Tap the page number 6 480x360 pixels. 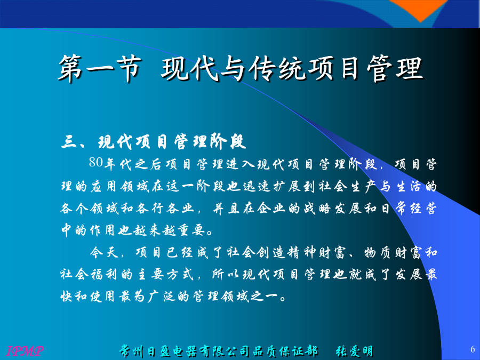tap(473, 349)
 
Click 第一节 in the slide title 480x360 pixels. tap(100, 68)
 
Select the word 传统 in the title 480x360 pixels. tap(277, 68)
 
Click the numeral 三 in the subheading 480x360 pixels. tap(69, 142)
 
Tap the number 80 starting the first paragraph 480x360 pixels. tap(96, 162)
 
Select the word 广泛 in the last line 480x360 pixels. tap(162, 296)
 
